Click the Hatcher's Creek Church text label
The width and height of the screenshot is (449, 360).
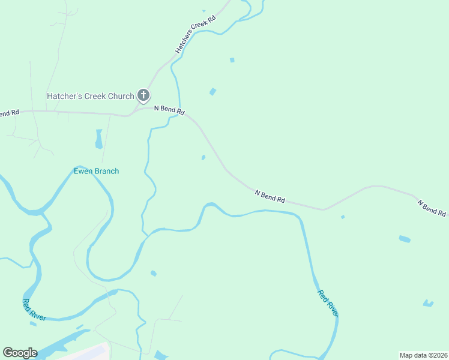pos(91,96)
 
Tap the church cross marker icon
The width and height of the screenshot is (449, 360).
pos(143,95)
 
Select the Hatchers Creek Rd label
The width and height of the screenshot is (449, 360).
pos(195,35)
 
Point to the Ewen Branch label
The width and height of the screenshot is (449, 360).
pos(96,172)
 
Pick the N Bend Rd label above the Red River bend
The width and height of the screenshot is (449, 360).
pos(270,196)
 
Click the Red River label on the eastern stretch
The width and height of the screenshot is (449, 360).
pos(328,304)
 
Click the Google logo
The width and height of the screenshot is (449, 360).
pos(20,353)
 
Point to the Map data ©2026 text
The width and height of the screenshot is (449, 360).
pos(423,355)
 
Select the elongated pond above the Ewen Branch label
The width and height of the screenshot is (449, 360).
pos(98,139)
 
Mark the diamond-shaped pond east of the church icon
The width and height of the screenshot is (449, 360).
pos(212,92)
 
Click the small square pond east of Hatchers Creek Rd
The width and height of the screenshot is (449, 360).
pos(232,60)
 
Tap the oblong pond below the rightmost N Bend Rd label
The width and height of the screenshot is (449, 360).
pos(405,239)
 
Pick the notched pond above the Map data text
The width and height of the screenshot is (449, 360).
pos(428,303)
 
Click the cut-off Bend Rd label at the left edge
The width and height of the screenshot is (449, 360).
pos(10,113)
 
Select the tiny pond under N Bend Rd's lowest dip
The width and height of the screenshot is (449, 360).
pos(343,217)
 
